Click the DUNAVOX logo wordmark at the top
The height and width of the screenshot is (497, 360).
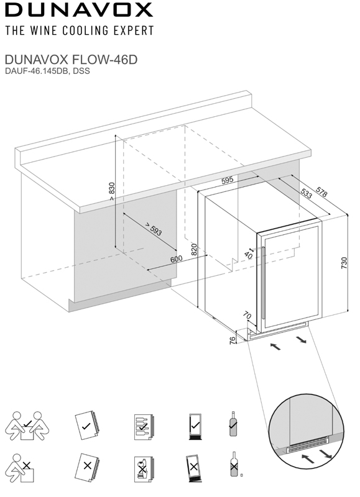click(x=79, y=9)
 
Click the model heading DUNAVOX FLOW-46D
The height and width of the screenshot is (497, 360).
click(x=71, y=59)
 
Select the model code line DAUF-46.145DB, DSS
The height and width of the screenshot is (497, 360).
click(x=47, y=71)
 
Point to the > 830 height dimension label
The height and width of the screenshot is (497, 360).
click(x=111, y=191)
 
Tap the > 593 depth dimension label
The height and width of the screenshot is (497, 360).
click(x=154, y=229)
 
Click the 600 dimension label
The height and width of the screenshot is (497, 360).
click(x=177, y=259)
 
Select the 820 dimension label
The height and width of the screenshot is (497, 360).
click(x=194, y=249)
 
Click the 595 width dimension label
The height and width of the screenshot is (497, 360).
click(x=228, y=180)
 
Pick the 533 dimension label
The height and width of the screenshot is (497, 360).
click(x=307, y=193)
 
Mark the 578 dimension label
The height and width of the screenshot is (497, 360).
click(x=321, y=192)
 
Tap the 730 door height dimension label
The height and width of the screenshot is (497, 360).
click(x=344, y=263)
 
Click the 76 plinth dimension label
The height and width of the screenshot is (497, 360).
click(x=233, y=340)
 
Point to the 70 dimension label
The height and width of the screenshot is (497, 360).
click(x=247, y=316)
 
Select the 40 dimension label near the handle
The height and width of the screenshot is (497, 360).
click(x=248, y=255)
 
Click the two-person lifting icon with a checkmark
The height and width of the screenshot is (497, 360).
click(x=27, y=426)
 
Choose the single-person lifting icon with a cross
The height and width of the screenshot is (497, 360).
click(x=20, y=468)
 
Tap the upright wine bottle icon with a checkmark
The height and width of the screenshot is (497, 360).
click(x=233, y=424)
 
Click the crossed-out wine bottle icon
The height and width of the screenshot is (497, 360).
click(x=234, y=464)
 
